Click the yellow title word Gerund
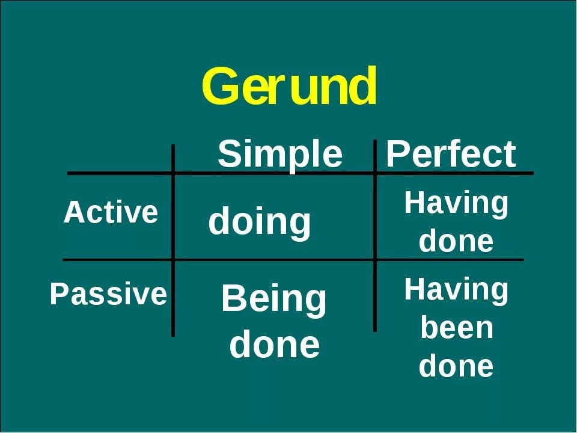coord(289,88)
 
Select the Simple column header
coord(279,155)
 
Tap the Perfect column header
coord(450,155)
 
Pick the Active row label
coord(111,213)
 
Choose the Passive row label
coord(108,295)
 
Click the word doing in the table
coord(260,222)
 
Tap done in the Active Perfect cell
coord(456,241)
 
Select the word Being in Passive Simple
coord(273,300)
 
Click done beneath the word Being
coord(274,345)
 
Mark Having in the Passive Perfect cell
coord(456,290)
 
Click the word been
coord(456,328)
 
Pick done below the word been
coord(456,366)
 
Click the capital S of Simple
coord(229,155)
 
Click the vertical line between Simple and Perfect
coord(374,241)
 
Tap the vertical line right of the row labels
coord(173,241)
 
